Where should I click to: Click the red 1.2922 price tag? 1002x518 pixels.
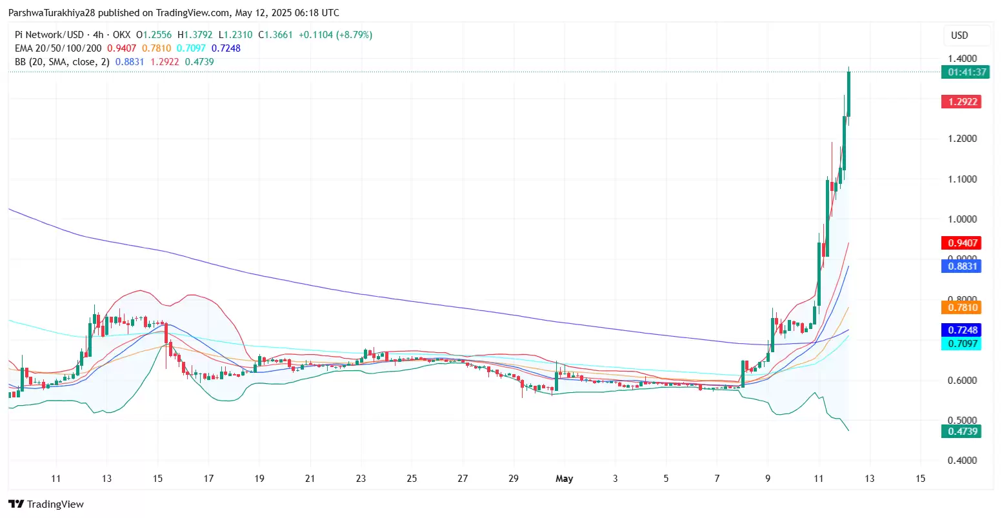tap(961, 101)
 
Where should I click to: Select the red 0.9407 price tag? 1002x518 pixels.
tap(961, 243)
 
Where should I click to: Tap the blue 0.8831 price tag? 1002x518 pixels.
tap(961, 266)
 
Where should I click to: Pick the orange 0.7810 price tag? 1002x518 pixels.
tap(961, 307)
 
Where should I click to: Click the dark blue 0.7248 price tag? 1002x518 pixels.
tap(961, 330)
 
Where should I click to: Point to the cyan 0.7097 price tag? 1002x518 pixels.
tap(961, 344)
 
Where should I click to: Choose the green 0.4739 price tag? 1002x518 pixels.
tap(961, 432)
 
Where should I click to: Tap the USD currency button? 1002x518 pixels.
tap(959, 35)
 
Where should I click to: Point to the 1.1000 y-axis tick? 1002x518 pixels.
tap(962, 179)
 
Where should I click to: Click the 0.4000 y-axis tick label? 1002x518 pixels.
tap(962, 461)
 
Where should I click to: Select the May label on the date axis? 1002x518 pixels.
tap(564, 479)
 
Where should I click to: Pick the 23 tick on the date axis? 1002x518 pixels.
tap(361, 479)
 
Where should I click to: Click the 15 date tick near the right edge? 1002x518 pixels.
tap(921, 479)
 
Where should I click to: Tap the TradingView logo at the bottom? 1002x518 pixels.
tap(46, 504)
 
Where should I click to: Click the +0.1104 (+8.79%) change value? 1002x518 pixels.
tap(336, 35)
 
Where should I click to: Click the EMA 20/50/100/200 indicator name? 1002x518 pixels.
tap(58, 48)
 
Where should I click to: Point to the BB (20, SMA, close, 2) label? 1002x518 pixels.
tap(62, 62)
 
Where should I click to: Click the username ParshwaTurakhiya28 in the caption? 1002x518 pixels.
tap(52, 13)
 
